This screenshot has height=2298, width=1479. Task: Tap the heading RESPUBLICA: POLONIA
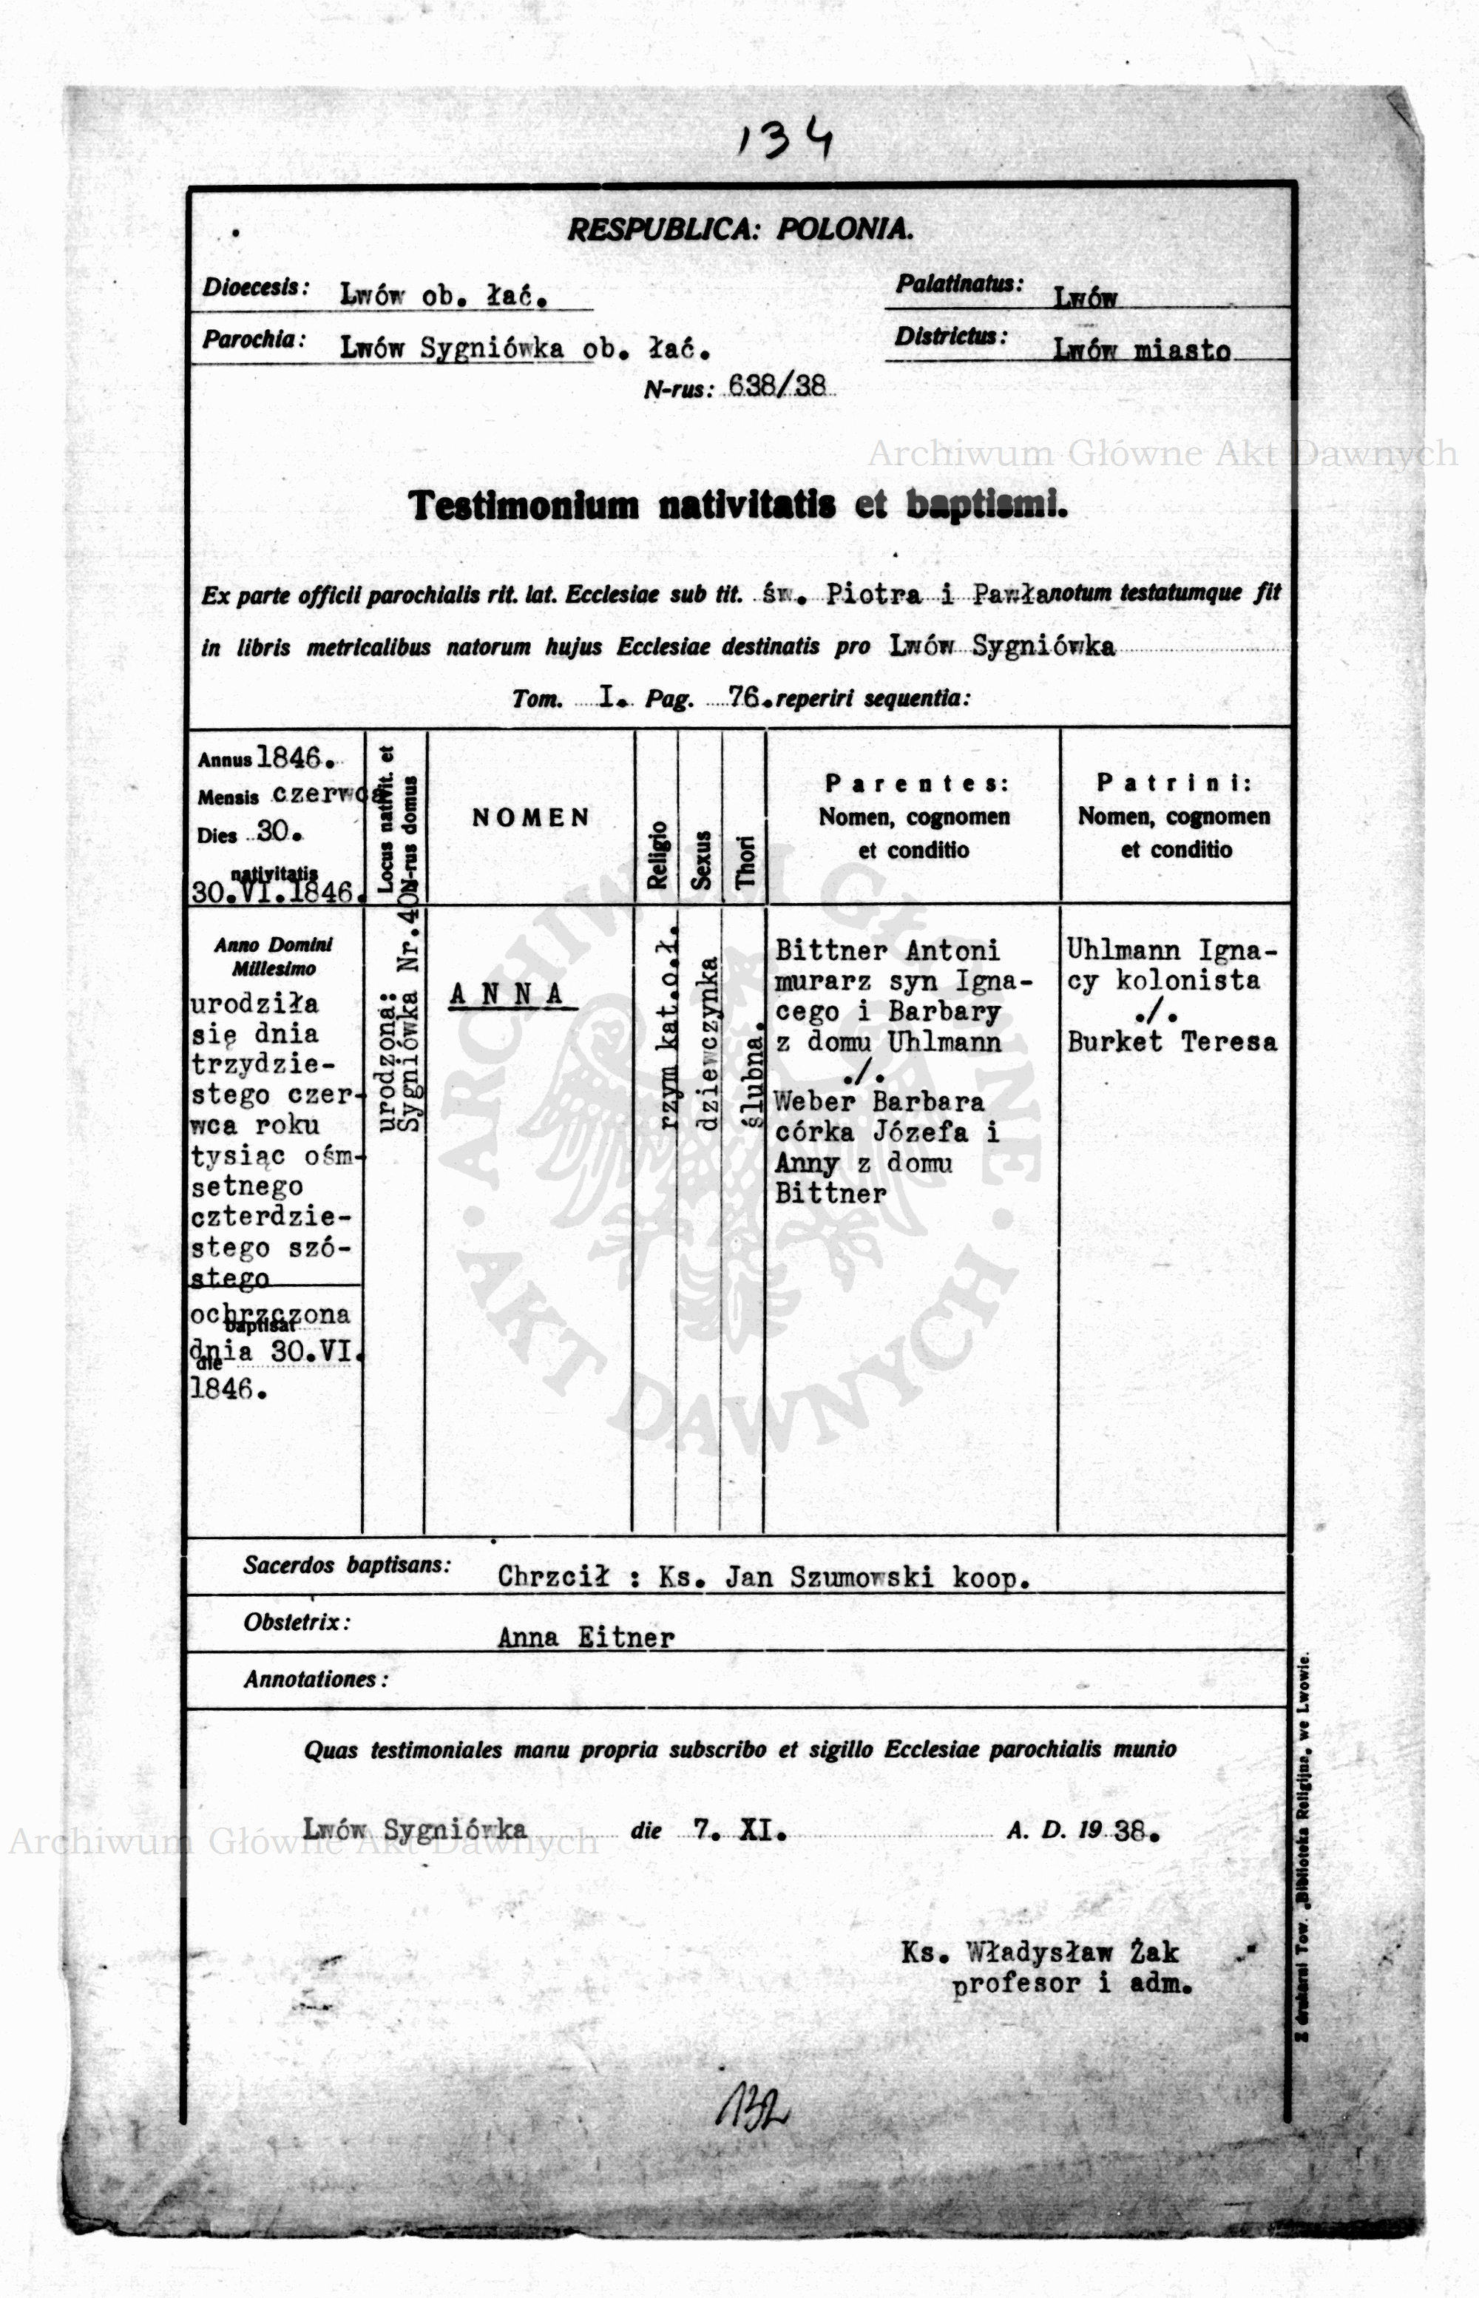[x=739, y=229]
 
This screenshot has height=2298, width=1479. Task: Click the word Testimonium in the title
[x=524, y=505]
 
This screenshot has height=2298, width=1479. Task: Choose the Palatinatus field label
[x=958, y=283]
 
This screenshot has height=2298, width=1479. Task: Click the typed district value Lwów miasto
[x=1141, y=350]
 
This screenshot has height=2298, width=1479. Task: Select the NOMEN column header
[x=530, y=817]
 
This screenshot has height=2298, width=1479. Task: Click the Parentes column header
[x=914, y=783]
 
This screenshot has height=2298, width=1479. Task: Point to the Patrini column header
[x=1174, y=783]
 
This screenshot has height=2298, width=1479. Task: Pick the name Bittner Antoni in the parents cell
[x=887, y=950]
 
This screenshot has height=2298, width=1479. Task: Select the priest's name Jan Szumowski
[x=829, y=1576]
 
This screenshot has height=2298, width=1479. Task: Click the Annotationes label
[x=315, y=1679]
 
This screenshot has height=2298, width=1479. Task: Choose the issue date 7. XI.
[x=739, y=1831]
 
